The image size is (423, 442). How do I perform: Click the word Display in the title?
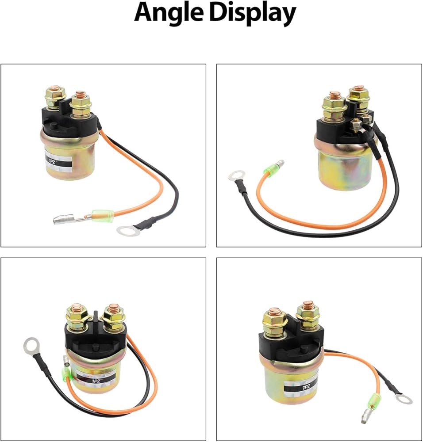(253, 14)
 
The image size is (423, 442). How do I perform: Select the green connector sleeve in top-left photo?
(103, 216)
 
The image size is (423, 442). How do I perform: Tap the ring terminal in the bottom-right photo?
(403, 399)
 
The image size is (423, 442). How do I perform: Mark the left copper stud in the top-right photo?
(334, 95)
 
